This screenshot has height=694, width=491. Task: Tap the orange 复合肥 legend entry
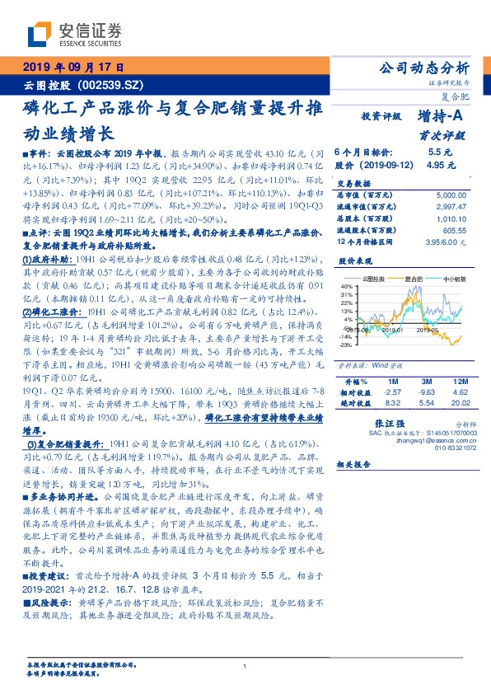(x=413, y=280)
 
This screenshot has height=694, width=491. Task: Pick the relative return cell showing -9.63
(x=426, y=393)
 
